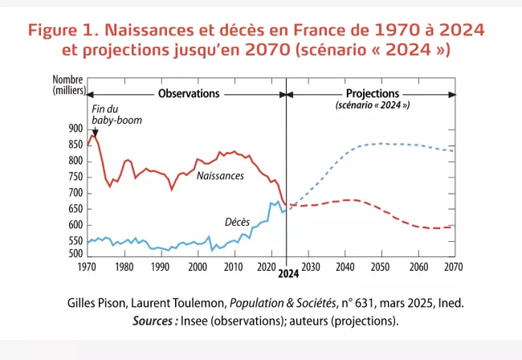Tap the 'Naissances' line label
pos(220,175)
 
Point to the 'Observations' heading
pos(189,94)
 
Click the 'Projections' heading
pos(372,94)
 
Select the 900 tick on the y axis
pos(75,129)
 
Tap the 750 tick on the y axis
pos(75,177)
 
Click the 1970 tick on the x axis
pos(88,266)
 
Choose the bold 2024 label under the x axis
pos(288,274)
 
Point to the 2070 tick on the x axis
pos(454,266)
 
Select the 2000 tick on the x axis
pos(197,266)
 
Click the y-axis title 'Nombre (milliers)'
pos(68,84)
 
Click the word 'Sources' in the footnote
pos(153,321)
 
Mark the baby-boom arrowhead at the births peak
pos(95,132)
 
